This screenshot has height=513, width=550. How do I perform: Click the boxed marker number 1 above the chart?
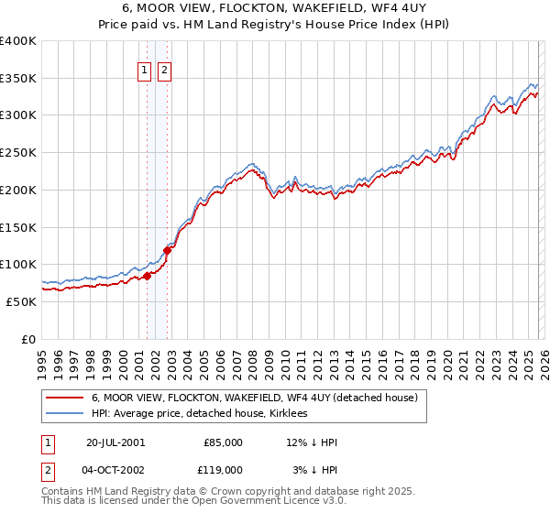click(145, 71)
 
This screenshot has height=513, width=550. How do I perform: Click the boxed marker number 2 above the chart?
click(164, 71)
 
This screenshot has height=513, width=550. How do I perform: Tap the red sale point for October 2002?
click(168, 249)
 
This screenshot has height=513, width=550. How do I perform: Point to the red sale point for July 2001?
click(148, 275)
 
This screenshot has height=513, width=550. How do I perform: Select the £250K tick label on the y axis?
click(18, 152)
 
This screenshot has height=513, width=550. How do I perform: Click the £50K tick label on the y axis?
click(21, 301)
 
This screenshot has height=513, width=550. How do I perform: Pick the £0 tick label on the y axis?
click(29, 339)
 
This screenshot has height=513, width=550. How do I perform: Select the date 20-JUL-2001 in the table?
click(115, 442)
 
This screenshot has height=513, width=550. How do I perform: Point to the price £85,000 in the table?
click(222, 442)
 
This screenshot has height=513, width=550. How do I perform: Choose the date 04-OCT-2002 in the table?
click(115, 469)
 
